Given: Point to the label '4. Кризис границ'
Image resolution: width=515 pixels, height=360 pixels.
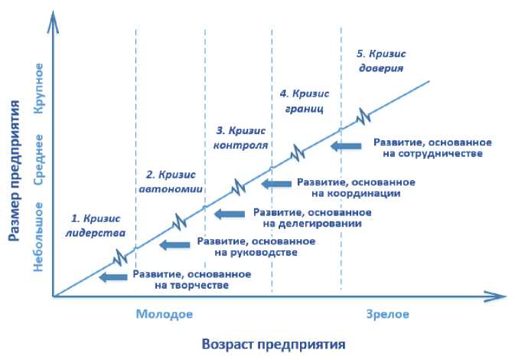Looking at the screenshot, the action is click(304, 100).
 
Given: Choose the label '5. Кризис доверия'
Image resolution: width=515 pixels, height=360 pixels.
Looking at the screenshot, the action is click(381, 60).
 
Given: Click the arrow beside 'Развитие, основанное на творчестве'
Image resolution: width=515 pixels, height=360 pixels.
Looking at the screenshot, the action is click(114, 277).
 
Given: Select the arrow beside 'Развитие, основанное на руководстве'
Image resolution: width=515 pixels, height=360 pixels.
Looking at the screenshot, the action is click(175, 244).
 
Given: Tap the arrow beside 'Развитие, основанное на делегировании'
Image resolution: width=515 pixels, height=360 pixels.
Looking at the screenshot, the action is click(230, 214).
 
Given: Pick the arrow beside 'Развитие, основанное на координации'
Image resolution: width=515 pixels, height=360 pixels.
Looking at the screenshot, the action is click(276, 184).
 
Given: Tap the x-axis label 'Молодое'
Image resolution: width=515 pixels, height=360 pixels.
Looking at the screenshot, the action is click(165, 314).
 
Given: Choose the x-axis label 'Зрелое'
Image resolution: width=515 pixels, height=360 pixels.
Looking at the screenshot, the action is click(387, 314).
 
